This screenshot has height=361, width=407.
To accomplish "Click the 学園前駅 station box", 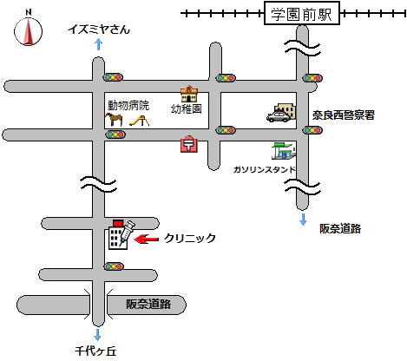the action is [x=302, y=13].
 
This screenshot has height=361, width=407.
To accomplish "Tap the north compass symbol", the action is [x=28, y=29].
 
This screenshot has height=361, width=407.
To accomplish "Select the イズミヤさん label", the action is [x=99, y=30].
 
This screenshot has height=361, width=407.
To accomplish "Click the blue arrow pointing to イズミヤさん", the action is [x=99, y=44].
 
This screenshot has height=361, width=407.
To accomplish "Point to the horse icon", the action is [x=115, y=119].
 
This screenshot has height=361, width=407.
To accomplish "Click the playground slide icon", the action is [x=139, y=121].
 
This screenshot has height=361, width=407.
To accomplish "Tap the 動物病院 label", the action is [x=128, y=106].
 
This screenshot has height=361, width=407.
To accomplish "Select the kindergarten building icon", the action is [x=189, y=94].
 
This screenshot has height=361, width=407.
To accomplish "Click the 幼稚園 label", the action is [x=186, y=109].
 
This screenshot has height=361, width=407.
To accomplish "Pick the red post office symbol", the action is [x=189, y=144].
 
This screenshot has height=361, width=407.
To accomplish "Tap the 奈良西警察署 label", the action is [x=344, y=115].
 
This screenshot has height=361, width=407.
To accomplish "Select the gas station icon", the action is [x=284, y=151].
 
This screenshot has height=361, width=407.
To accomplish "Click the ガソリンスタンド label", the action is [x=264, y=169].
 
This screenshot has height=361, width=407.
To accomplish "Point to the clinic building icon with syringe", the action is [x=121, y=234].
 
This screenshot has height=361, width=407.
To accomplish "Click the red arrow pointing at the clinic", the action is [x=147, y=239].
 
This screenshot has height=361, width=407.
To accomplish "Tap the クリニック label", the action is [x=190, y=238].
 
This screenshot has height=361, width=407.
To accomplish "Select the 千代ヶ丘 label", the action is [x=95, y=351].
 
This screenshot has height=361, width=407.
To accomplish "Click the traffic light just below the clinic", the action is [x=114, y=266].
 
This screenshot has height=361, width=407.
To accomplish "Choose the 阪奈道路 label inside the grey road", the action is [x=148, y=304].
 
